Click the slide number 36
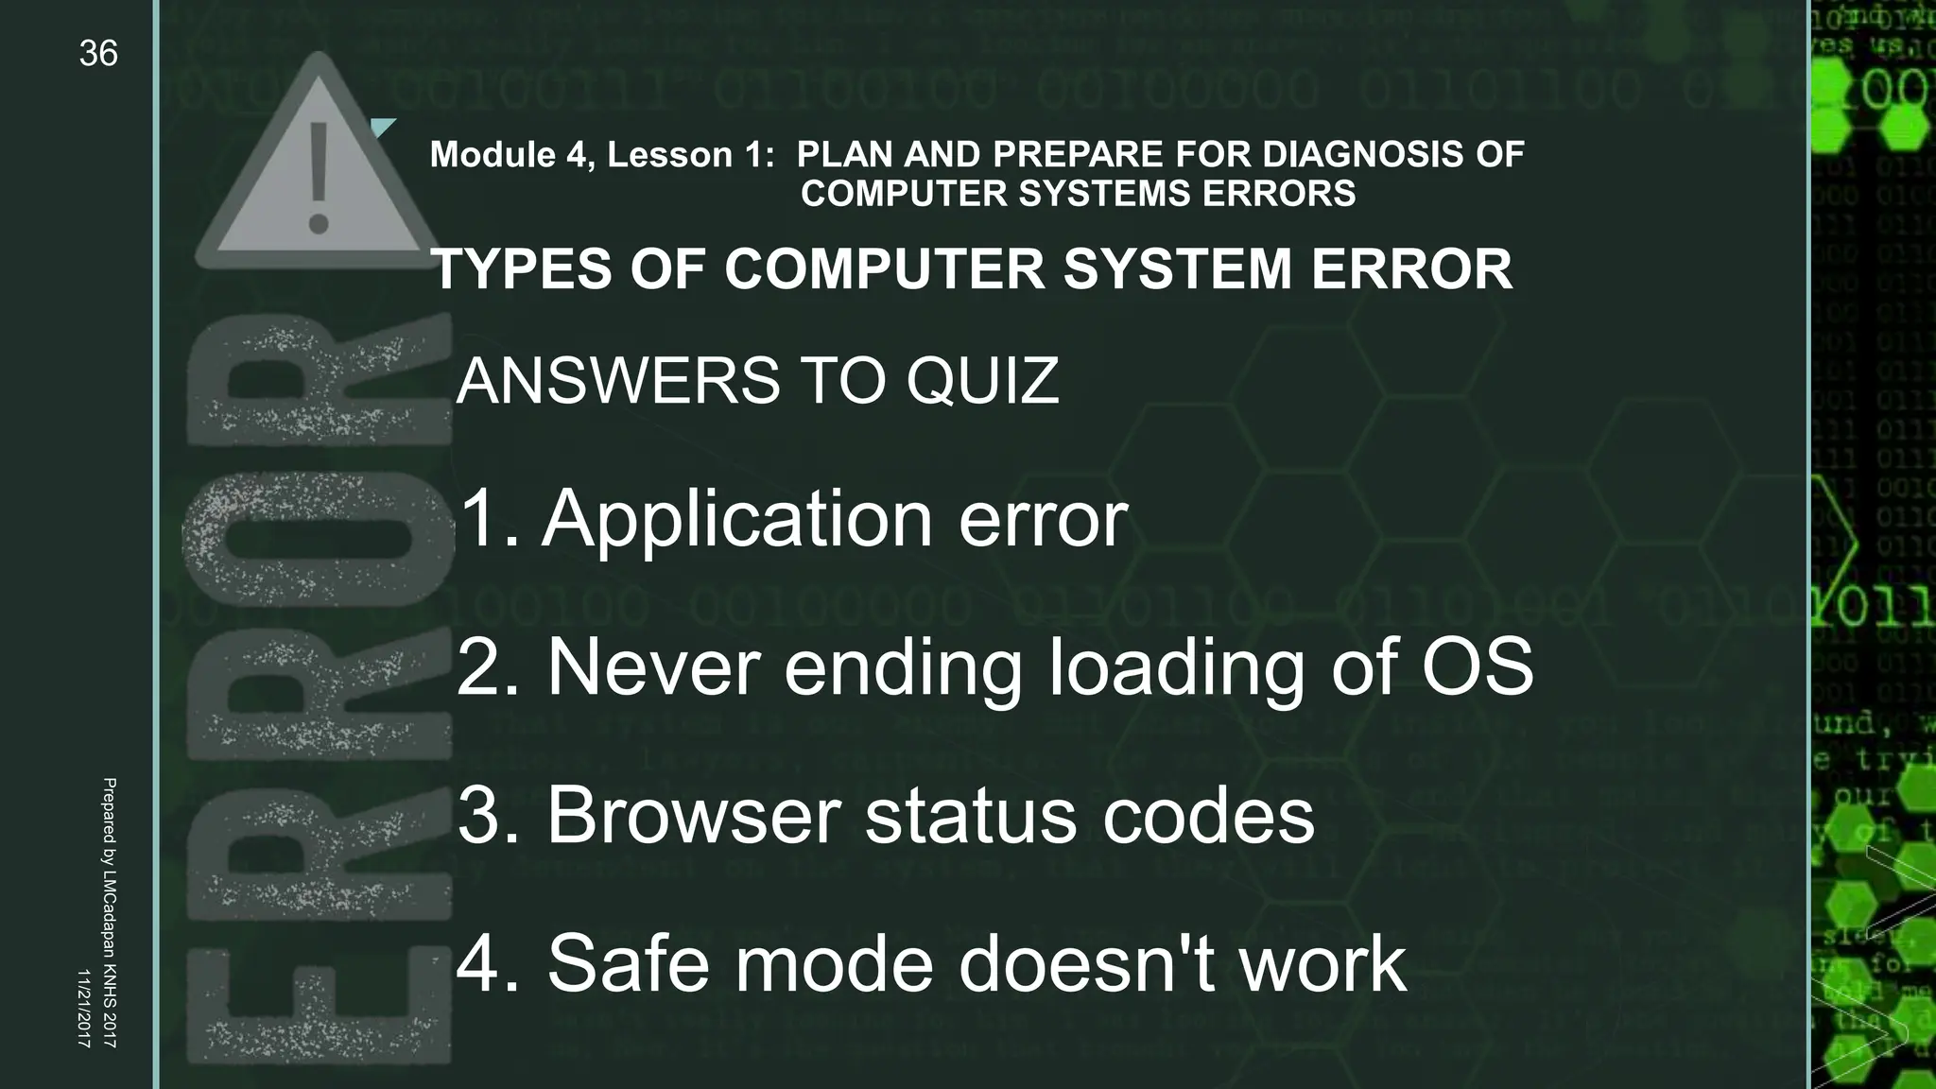pyautogui.click(x=98, y=54)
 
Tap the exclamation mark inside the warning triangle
pyautogui.click(x=319, y=177)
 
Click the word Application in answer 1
pyautogui.click(x=737, y=519)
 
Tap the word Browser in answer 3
pyautogui.click(x=693, y=815)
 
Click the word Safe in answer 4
pyautogui.click(x=628, y=963)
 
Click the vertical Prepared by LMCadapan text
pyautogui.click(x=109, y=912)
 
